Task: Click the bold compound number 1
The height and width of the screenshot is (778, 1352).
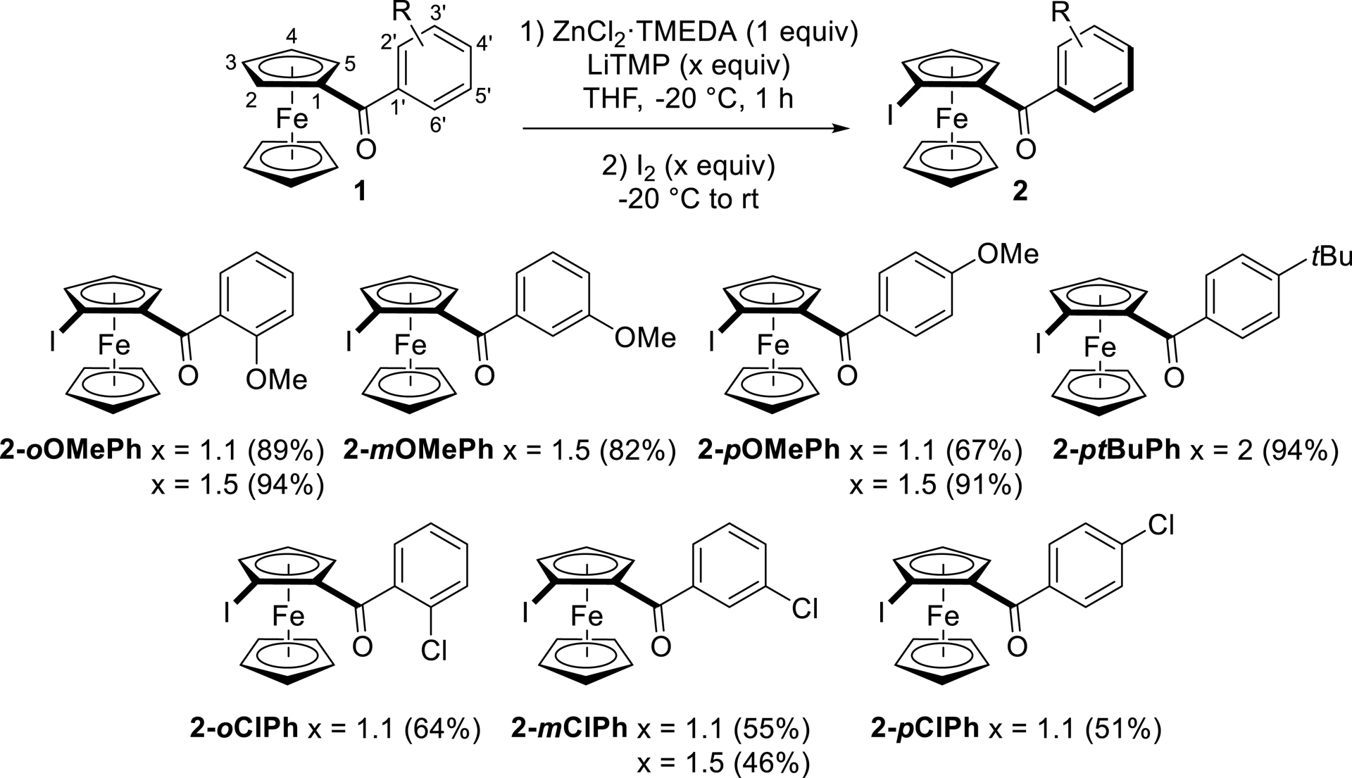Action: (360, 191)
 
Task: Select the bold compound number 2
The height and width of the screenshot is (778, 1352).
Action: (1020, 191)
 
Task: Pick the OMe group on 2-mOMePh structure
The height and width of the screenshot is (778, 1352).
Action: (644, 338)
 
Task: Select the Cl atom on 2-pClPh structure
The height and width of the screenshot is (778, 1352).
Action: (1161, 525)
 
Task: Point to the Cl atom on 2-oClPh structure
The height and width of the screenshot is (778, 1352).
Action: (433, 651)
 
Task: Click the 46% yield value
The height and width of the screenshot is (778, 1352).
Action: (771, 763)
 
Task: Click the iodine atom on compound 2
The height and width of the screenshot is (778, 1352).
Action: (891, 114)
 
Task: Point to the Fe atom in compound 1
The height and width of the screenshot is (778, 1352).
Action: (292, 118)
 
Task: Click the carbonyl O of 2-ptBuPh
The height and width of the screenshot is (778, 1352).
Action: (1173, 379)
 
